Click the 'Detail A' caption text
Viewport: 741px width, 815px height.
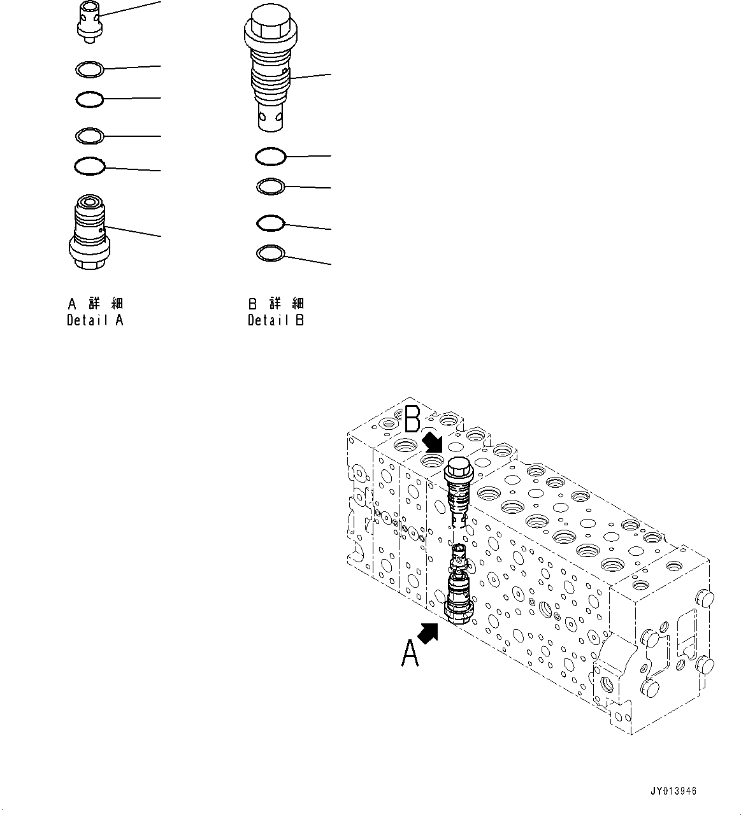click(x=95, y=320)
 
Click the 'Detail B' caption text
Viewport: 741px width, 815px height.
click(x=276, y=320)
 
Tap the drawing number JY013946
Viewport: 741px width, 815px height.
click(x=673, y=791)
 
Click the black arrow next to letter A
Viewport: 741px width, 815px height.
click(x=429, y=633)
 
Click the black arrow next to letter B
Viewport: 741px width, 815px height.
click(x=433, y=441)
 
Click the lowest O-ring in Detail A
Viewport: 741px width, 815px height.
click(x=89, y=166)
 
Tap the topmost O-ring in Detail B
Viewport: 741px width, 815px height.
click(x=270, y=156)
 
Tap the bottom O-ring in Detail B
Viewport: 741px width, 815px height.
click(x=270, y=254)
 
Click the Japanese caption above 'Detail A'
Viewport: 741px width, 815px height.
click(x=95, y=303)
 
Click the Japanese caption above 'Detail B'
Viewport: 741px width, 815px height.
click(x=276, y=303)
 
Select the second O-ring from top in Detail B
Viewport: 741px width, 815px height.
click(x=270, y=187)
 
